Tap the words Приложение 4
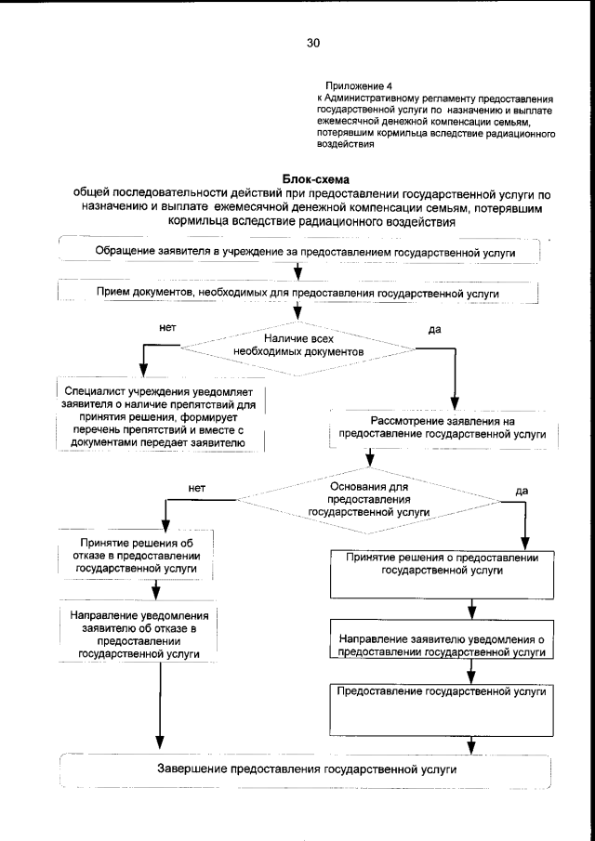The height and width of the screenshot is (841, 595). point(352,85)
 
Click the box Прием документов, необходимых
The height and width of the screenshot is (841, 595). point(298,294)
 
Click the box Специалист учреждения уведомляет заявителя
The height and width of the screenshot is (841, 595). point(159,417)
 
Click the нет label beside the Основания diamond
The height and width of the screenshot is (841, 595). point(196,486)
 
